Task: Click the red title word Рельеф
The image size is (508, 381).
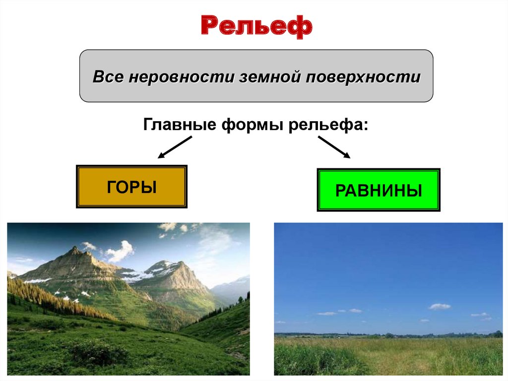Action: (x=256, y=26)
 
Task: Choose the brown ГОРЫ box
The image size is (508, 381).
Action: (x=131, y=186)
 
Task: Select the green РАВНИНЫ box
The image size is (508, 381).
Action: (x=379, y=190)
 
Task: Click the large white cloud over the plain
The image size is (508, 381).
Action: (x=440, y=306)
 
